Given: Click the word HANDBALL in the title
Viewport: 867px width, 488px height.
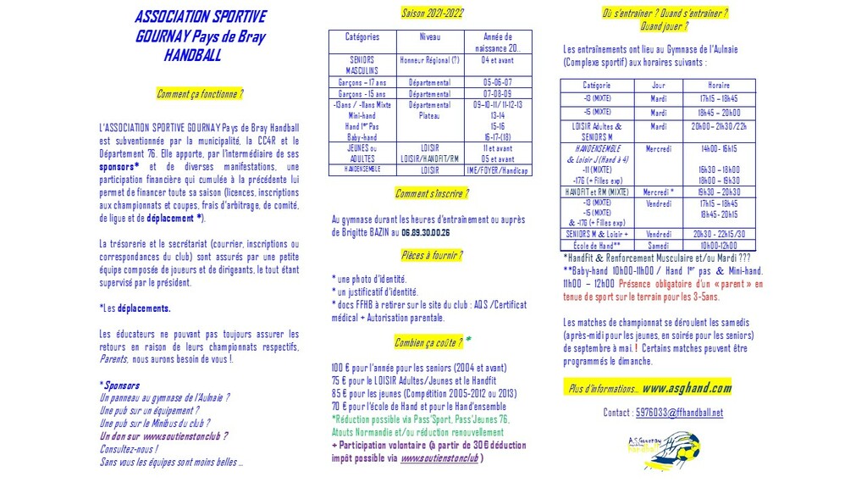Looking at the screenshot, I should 192,57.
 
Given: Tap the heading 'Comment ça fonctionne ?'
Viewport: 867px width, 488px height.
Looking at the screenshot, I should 200,94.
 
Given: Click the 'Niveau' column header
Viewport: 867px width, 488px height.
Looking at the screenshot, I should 430,37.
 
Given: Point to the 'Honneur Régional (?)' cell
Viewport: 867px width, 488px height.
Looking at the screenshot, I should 430,60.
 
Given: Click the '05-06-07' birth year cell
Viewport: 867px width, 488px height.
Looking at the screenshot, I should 498,82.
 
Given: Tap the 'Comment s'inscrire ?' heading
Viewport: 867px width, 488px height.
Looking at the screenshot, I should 429,194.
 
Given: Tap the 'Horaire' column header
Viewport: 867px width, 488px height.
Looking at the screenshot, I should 719,86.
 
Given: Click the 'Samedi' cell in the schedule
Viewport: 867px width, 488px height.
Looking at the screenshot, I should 658,246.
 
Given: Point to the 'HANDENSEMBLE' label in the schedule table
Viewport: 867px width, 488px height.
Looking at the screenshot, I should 598,148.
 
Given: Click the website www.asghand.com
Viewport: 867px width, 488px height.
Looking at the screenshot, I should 687,388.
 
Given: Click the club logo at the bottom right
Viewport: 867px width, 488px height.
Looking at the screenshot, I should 666,446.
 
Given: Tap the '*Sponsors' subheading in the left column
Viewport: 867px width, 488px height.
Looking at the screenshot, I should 120,385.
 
